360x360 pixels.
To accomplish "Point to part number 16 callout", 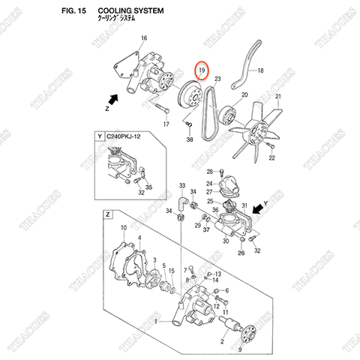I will [x=143, y=38].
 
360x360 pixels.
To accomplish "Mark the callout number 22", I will [x=272, y=159].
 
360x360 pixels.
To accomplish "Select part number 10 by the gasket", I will [x=124, y=226].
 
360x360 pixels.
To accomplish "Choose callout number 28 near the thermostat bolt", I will [x=211, y=171].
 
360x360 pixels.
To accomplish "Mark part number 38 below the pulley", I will [x=190, y=140].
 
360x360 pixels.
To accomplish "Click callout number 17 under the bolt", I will [x=166, y=124].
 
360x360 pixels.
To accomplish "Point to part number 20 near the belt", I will [x=243, y=95].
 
